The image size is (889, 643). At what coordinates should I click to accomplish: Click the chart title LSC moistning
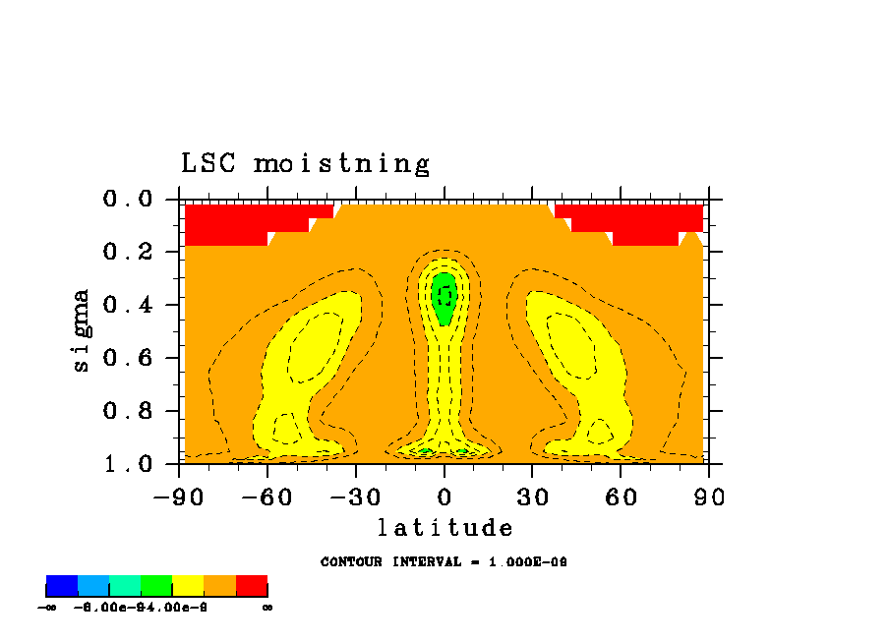coord(305,163)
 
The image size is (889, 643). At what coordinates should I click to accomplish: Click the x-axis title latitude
coord(444,529)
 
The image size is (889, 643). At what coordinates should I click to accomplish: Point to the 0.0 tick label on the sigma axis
coord(128,200)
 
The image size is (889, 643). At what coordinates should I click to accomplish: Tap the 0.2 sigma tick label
coord(128,253)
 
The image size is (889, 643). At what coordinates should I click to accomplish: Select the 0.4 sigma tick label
coord(128,305)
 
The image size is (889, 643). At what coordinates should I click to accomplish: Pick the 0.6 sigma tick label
coord(128,358)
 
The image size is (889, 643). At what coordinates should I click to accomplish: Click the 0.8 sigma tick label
coord(128,411)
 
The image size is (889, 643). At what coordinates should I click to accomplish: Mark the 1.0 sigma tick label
coord(128,463)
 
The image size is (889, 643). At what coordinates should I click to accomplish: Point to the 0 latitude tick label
coord(444,497)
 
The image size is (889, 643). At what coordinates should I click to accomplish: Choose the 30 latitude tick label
coord(532,497)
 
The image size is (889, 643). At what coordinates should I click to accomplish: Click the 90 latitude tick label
coord(709,497)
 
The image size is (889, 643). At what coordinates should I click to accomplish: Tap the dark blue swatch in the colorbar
coord(62,586)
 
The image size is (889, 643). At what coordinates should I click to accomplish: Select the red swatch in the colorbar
coord(252,586)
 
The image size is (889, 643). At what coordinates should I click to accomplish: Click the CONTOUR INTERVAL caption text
coord(444,562)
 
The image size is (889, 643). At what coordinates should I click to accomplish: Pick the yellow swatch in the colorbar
coord(188,586)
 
